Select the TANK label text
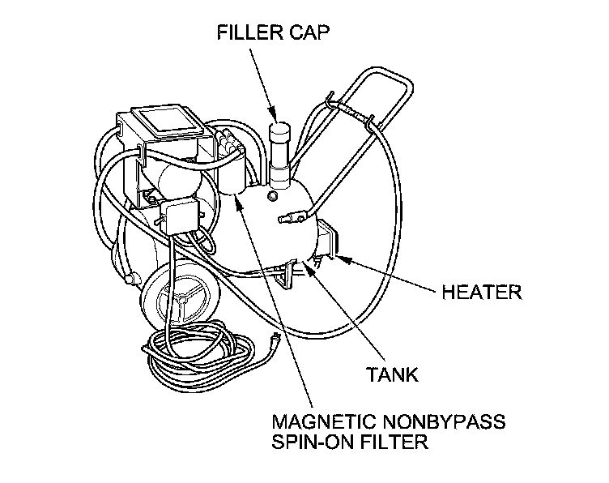[392, 374]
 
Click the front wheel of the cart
[178, 295]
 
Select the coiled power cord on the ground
[202, 353]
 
